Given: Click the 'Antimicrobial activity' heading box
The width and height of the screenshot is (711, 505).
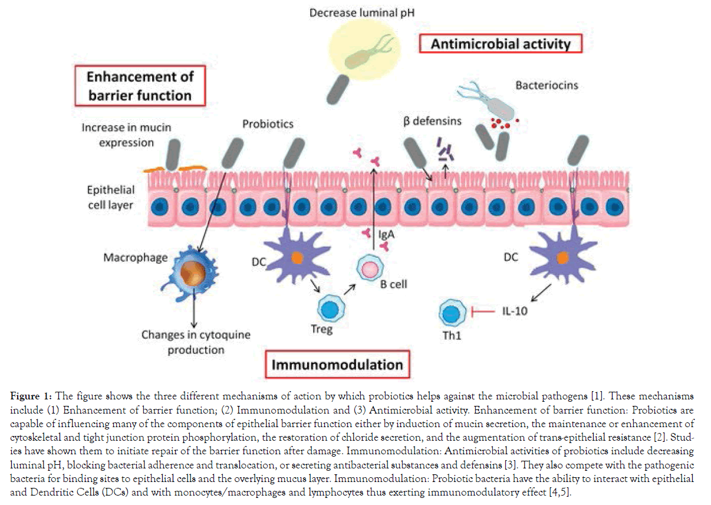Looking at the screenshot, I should pos(501,44).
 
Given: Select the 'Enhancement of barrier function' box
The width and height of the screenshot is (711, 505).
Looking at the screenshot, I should pos(140,86).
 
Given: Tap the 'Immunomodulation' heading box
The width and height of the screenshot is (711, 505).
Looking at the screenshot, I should pos(337,365).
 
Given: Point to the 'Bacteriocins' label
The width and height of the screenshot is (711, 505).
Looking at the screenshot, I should pos(547,86).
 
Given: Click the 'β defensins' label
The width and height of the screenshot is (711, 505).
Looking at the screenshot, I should pos(432,122).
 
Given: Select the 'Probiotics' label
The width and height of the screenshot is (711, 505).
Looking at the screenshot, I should pos(268,124).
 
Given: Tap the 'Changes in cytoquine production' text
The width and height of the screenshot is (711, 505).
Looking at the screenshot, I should pos(195,342).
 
